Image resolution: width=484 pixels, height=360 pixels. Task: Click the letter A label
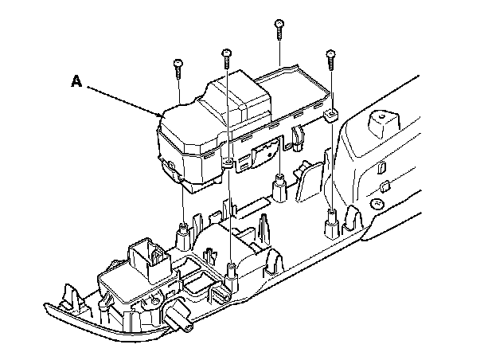point(76,80)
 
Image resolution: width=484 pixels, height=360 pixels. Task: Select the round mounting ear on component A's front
point(228,163)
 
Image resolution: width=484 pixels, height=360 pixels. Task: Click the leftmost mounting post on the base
point(181,233)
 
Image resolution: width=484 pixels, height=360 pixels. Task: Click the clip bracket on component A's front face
point(263,155)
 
